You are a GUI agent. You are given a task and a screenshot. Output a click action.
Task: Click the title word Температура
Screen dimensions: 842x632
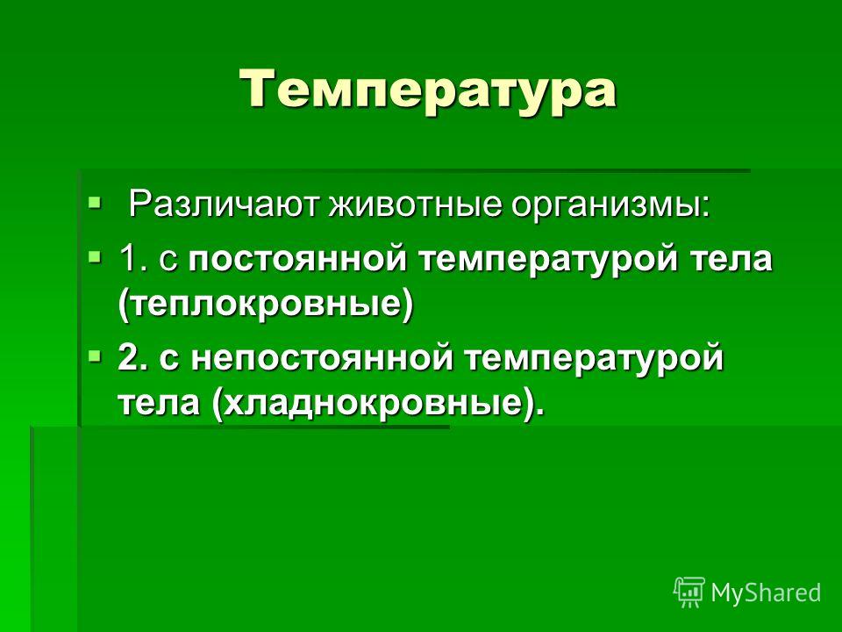pyautogui.click(x=427, y=90)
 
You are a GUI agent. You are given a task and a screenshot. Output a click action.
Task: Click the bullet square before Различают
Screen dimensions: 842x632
pyautogui.click(x=94, y=203)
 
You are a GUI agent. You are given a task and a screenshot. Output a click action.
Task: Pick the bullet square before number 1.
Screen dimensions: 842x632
pyautogui.click(x=94, y=256)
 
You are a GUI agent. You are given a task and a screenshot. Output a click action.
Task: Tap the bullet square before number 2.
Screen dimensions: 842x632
pyautogui.click(x=94, y=355)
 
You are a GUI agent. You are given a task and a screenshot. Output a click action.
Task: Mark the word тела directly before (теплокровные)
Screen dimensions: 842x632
pyautogui.click(x=731, y=259)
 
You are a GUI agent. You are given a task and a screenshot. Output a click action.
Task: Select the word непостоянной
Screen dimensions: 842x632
pyautogui.click(x=322, y=358)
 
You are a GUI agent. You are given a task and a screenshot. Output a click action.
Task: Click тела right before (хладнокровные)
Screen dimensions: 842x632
pyautogui.click(x=159, y=403)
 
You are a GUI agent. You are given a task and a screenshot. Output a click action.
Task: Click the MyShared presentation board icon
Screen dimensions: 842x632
pyautogui.click(x=689, y=592)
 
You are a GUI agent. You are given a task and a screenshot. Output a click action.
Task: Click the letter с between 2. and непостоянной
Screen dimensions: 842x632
pyautogui.click(x=169, y=360)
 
